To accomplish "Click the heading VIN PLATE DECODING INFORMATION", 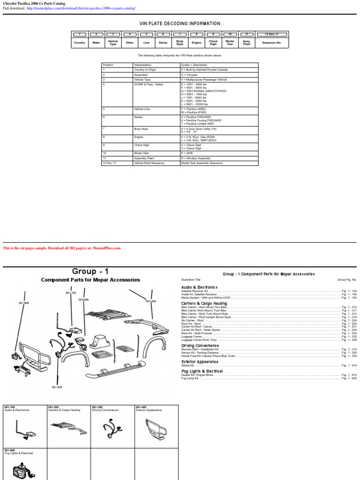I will coord(180,23).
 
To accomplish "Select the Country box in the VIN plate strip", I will coord(79,43).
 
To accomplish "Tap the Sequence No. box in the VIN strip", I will coord(271,43).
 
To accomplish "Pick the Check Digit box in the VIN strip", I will coord(213,43).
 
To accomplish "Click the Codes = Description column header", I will coord(194,65).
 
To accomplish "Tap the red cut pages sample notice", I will coord(62,248).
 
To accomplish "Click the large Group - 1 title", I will coord(90,271).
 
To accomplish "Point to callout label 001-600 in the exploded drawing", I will coord(24,303).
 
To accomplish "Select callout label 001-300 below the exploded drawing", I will coord(57,387).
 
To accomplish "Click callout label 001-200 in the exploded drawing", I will coord(151,301).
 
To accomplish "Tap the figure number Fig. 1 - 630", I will coord(349,378).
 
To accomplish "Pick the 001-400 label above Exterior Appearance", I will coord(141,407).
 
